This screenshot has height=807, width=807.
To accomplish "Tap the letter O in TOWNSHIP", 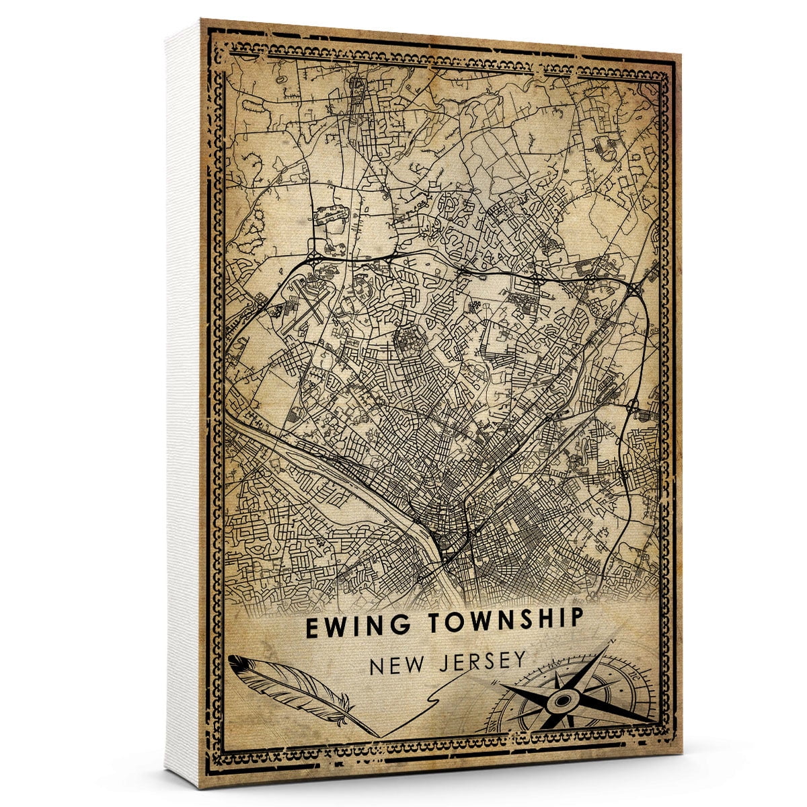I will pyautogui.click(x=447, y=621).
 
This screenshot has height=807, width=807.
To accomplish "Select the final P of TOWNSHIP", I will pyautogui.click(x=574, y=618).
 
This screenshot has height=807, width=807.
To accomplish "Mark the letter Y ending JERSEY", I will pyautogui.click(x=518, y=660).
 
